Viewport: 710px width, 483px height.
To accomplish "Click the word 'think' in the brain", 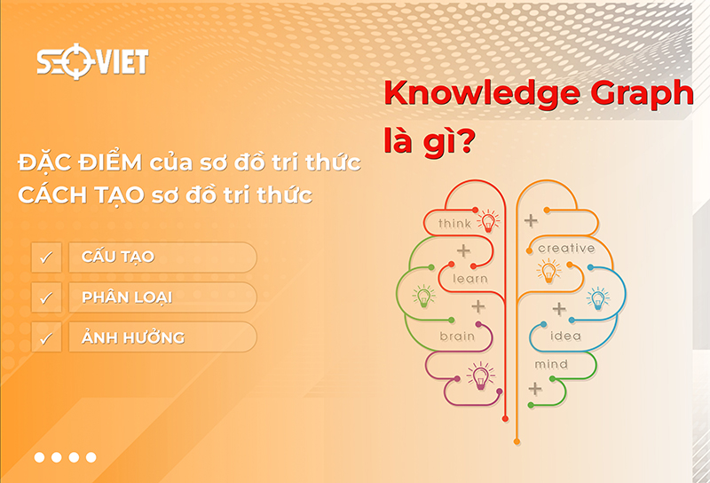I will point(454,223).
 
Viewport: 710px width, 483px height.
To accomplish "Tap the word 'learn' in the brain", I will point(470,278).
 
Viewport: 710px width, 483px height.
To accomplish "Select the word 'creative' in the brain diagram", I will point(566,248).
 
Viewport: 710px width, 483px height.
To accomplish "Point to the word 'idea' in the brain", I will point(566,336).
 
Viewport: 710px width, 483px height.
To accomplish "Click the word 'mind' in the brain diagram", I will point(551,364).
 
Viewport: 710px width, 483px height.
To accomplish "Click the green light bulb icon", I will point(424,295).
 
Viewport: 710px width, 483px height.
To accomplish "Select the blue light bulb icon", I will point(598,297).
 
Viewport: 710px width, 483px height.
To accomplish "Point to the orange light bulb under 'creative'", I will point(548,270).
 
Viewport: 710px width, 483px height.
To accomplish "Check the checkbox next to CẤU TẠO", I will point(46,257).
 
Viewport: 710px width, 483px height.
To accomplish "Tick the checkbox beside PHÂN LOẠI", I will point(46,297).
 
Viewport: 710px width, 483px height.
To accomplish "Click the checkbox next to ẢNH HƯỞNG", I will point(46,337).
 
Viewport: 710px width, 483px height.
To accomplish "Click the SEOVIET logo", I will point(92,61).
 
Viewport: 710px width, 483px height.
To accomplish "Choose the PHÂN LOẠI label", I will point(126,297).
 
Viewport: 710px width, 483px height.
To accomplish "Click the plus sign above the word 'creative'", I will point(531,219).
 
